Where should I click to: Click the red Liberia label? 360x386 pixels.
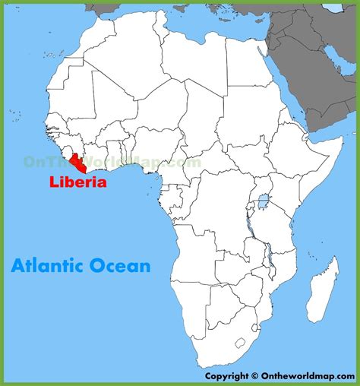tap(79, 182)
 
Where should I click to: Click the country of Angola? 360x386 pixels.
tap(197, 258)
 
